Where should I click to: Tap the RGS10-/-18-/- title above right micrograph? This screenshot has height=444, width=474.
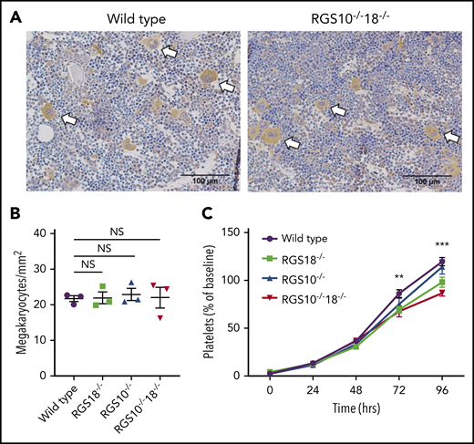[x=355, y=15]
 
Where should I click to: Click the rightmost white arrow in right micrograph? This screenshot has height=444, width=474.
[x=450, y=135]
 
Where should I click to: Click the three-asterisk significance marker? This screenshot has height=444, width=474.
[x=441, y=244]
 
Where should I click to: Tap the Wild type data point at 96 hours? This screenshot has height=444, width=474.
[x=441, y=262]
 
